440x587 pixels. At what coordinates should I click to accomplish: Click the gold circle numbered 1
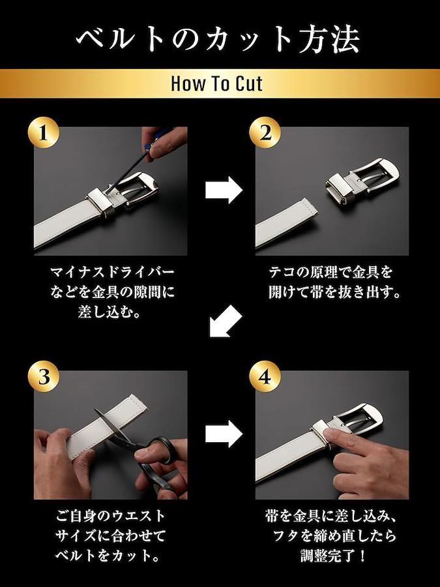tap(44, 132)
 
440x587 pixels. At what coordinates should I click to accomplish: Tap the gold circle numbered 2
tap(265, 132)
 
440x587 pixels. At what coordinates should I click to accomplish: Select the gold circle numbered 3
tap(44, 376)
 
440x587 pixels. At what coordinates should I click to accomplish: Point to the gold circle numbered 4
tap(265, 376)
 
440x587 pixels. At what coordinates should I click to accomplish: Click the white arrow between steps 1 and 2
tap(224, 190)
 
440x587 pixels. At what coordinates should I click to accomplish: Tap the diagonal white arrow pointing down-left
tap(226, 321)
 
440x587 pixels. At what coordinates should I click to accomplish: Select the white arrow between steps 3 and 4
tap(224, 434)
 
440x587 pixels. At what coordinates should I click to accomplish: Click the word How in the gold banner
tap(185, 83)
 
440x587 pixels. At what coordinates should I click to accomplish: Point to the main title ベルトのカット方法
tap(218, 38)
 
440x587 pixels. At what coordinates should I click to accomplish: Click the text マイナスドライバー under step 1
tap(112, 272)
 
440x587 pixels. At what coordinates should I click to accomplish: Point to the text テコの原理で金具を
tap(330, 272)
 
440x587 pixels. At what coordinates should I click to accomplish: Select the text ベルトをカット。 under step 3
tap(108, 555)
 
